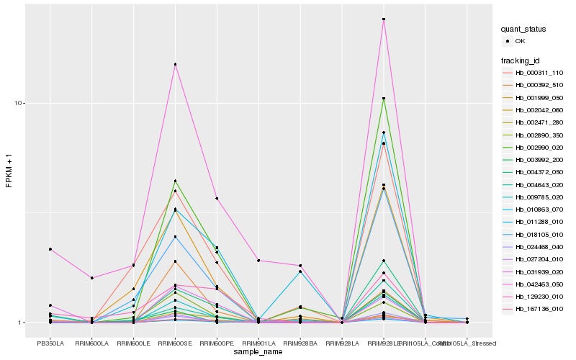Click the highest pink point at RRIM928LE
pyautogui.click(x=384, y=19)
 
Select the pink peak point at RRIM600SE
pyautogui.click(x=175, y=65)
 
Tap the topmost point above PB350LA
pyautogui.click(x=50, y=249)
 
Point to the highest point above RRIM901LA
pyautogui.click(x=258, y=261)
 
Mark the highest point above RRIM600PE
pyautogui.click(x=217, y=199)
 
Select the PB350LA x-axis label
pyautogui.click(x=50, y=343)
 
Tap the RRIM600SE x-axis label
pyautogui.click(x=175, y=343)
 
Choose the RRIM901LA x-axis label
pyautogui.click(x=258, y=343)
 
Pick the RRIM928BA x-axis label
pyautogui.click(x=300, y=343)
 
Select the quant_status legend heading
pyautogui.click(x=523, y=30)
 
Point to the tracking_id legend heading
pyautogui.click(x=521, y=60)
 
